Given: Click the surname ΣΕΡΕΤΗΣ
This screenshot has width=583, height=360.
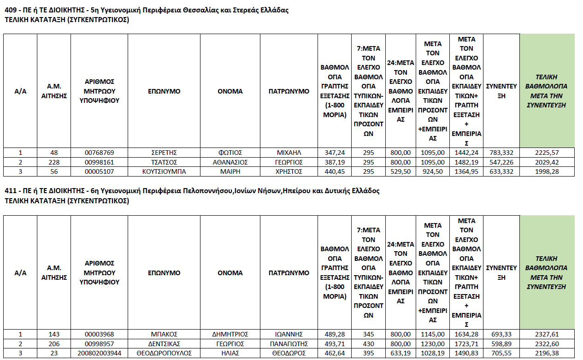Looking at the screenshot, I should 164,153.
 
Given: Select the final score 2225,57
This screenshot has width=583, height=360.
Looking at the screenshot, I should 547,153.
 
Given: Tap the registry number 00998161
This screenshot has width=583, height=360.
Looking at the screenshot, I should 99,162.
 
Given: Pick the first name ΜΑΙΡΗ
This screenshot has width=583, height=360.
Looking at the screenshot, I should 230,171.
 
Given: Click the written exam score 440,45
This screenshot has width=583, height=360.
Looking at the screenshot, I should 335,171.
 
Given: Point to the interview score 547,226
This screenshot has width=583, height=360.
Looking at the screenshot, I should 502,162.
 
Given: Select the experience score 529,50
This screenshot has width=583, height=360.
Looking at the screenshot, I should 399,171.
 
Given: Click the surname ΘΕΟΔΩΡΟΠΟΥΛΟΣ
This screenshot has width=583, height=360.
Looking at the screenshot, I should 164,353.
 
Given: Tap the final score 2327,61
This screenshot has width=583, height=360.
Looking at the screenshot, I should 547,334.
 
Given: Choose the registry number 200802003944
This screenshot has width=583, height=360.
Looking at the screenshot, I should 99,353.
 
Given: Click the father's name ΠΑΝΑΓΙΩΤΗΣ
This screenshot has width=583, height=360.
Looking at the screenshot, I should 289,344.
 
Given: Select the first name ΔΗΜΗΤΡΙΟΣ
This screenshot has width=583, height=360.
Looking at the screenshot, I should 230,334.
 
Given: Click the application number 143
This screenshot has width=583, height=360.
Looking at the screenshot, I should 53,334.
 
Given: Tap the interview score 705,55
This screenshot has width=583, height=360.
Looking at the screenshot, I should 502,353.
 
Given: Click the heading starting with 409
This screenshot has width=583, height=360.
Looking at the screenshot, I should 146,10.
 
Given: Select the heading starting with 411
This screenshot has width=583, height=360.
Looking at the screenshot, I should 192,191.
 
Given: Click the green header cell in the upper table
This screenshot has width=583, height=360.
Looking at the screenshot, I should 547,91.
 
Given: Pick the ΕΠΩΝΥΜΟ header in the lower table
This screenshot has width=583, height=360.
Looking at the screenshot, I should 164,272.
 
